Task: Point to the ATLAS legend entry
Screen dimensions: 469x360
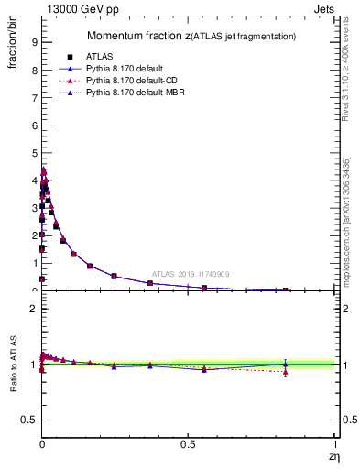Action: (x=97, y=56)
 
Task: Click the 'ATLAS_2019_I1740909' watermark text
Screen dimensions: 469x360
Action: (x=191, y=275)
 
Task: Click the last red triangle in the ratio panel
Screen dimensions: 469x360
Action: (x=286, y=372)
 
